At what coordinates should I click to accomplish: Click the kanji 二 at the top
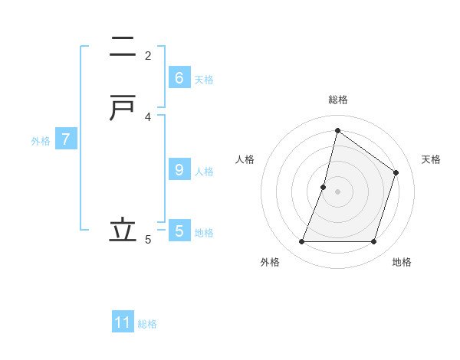click(x=123, y=47)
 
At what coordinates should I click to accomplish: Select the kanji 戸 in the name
click(x=123, y=110)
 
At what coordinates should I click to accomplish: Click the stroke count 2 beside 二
click(x=148, y=55)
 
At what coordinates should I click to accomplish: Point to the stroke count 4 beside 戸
click(x=148, y=116)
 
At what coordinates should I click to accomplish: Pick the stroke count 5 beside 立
click(x=148, y=240)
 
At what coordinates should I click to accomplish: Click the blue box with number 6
click(x=179, y=77)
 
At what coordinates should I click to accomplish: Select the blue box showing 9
click(x=179, y=169)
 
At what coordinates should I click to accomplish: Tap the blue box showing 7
click(x=66, y=139)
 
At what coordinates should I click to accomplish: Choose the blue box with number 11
click(x=123, y=322)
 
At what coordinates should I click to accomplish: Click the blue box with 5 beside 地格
click(x=179, y=231)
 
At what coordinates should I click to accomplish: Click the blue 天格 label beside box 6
click(x=204, y=80)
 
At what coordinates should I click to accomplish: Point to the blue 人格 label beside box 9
click(x=204, y=172)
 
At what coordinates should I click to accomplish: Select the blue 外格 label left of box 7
click(x=41, y=141)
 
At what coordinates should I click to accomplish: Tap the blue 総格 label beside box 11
click(x=147, y=324)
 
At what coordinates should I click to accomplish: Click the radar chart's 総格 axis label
click(x=337, y=100)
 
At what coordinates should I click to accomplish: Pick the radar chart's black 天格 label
click(x=431, y=159)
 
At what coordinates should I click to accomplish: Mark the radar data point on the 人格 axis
click(x=324, y=187)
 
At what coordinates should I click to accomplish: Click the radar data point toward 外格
click(x=302, y=241)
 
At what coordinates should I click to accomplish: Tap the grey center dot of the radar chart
click(x=337, y=191)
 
